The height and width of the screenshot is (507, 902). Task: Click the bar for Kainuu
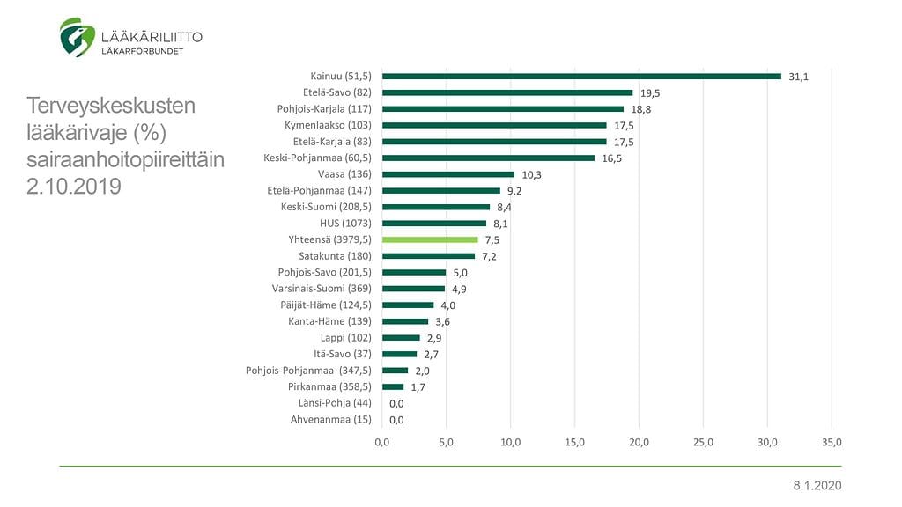pyautogui.click(x=581, y=76)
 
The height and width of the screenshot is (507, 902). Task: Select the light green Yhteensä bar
pyautogui.click(x=430, y=239)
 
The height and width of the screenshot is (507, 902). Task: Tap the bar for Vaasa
pyautogui.click(x=448, y=174)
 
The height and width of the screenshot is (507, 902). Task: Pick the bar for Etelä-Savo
pyautogui.click(x=507, y=92)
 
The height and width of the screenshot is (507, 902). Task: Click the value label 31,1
pyautogui.click(x=798, y=77)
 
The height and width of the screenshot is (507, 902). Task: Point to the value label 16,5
pyautogui.click(x=610, y=158)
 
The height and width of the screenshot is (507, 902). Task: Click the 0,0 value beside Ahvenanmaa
pyautogui.click(x=396, y=420)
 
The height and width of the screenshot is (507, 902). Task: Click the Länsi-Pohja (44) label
pyautogui.click(x=336, y=403)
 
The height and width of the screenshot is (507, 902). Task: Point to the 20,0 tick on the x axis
pyautogui.click(x=640, y=442)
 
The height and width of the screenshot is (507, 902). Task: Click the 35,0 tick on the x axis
pyautogui.click(x=832, y=442)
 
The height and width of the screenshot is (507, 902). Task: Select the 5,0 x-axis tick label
pyautogui.click(x=447, y=442)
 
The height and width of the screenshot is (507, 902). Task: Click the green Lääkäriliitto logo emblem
pyautogui.click(x=78, y=37)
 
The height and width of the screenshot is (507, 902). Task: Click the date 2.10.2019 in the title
pyautogui.click(x=74, y=187)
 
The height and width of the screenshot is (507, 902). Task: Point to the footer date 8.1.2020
pyautogui.click(x=817, y=486)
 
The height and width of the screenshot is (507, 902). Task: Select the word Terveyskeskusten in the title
pyautogui.click(x=111, y=107)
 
